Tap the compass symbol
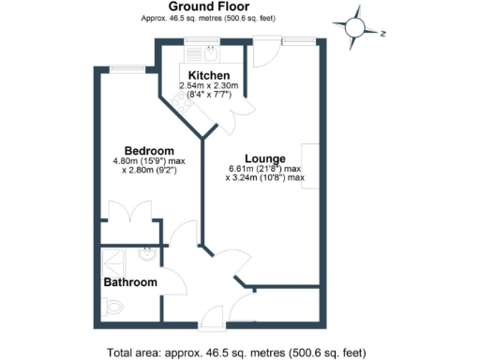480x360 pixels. [x=356, y=29]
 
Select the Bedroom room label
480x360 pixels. [x=150, y=152]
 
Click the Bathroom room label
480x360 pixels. [x=129, y=282]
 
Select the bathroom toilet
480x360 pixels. [x=113, y=306]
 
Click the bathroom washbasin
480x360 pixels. [x=148, y=252]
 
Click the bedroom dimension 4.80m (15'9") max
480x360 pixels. [x=150, y=161]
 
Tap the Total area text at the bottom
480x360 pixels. [x=235, y=352]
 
